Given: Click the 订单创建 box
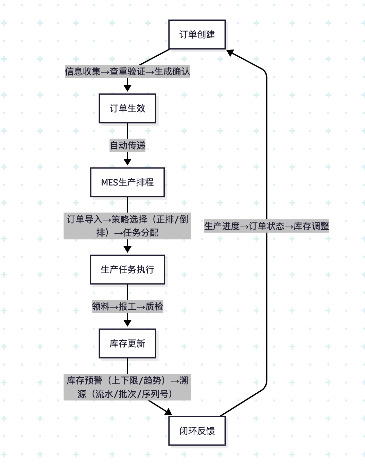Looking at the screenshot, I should (x=197, y=35).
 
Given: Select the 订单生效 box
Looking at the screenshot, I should (x=127, y=109).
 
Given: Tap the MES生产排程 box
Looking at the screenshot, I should (x=127, y=182).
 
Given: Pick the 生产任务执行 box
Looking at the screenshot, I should (x=127, y=270).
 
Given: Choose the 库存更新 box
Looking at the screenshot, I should (x=127, y=344).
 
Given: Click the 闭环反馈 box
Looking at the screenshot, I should (x=197, y=431).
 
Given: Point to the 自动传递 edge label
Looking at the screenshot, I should (x=127, y=145).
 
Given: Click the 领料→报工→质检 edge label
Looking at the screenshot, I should (x=127, y=307).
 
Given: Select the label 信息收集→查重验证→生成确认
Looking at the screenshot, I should (x=127, y=72).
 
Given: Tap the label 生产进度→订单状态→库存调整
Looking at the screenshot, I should (x=266, y=226).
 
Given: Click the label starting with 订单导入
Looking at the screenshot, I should (x=127, y=226).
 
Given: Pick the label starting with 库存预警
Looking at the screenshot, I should (x=127, y=387).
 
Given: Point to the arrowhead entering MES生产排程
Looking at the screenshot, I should (x=127, y=162).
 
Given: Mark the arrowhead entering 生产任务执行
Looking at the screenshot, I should (x=127, y=249).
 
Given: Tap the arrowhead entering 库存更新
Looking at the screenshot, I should (x=127, y=323).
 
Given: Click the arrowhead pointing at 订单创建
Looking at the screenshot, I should (x=230, y=53).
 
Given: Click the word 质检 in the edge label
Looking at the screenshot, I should (x=154, y=307).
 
